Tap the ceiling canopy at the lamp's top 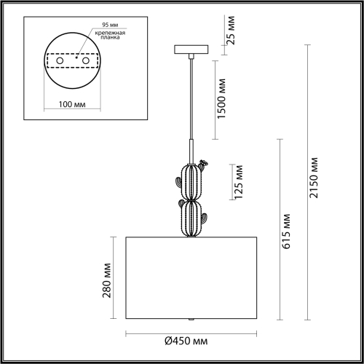[191, 50]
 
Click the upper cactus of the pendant [191, 182]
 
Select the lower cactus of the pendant [191, 216]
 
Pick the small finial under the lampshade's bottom [191, 318]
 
